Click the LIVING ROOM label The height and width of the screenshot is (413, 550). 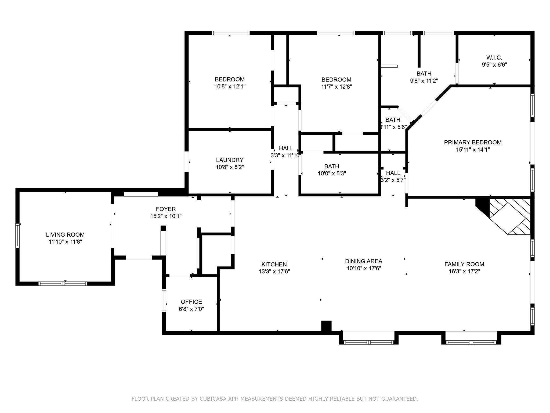pyautogui.click(x=65, y=235)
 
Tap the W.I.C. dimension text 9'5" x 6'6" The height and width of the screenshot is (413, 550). pyautogui.click(x=494, y=65)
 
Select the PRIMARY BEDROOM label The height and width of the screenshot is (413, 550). pyautogui.click(x=473, y=143)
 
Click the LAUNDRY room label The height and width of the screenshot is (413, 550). pyautogui.click(x=230, y=160)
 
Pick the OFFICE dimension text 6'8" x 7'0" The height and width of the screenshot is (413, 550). pyautogui.click(x=191, y=309)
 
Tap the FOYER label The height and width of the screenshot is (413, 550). pyautogui.click(x=166, y=209)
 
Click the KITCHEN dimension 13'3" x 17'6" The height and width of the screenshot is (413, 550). pyautogui.click(x=274, y=272)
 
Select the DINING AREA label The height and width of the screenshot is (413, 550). pyautogui.click(x=364, y=261)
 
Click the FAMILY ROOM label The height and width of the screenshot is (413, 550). pyautogui.click(x=464, y=264)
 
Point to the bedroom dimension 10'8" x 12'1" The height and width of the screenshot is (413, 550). pyautogui.click(x=230, y=87)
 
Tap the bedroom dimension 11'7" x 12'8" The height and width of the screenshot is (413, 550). pyautogui.click(x=336, y=87)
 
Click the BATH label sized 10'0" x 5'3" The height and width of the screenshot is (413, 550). pyautogui.click(x=332, y=166)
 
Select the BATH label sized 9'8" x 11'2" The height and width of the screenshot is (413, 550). pyautogui.click(x=424, y=73)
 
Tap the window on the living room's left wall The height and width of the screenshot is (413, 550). pyautogui.click(x=18, y=236)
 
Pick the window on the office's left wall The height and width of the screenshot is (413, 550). pyautogui.click(x=164, y=300)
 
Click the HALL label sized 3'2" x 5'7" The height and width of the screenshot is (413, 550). pyautogui.click(x=393, y=173)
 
